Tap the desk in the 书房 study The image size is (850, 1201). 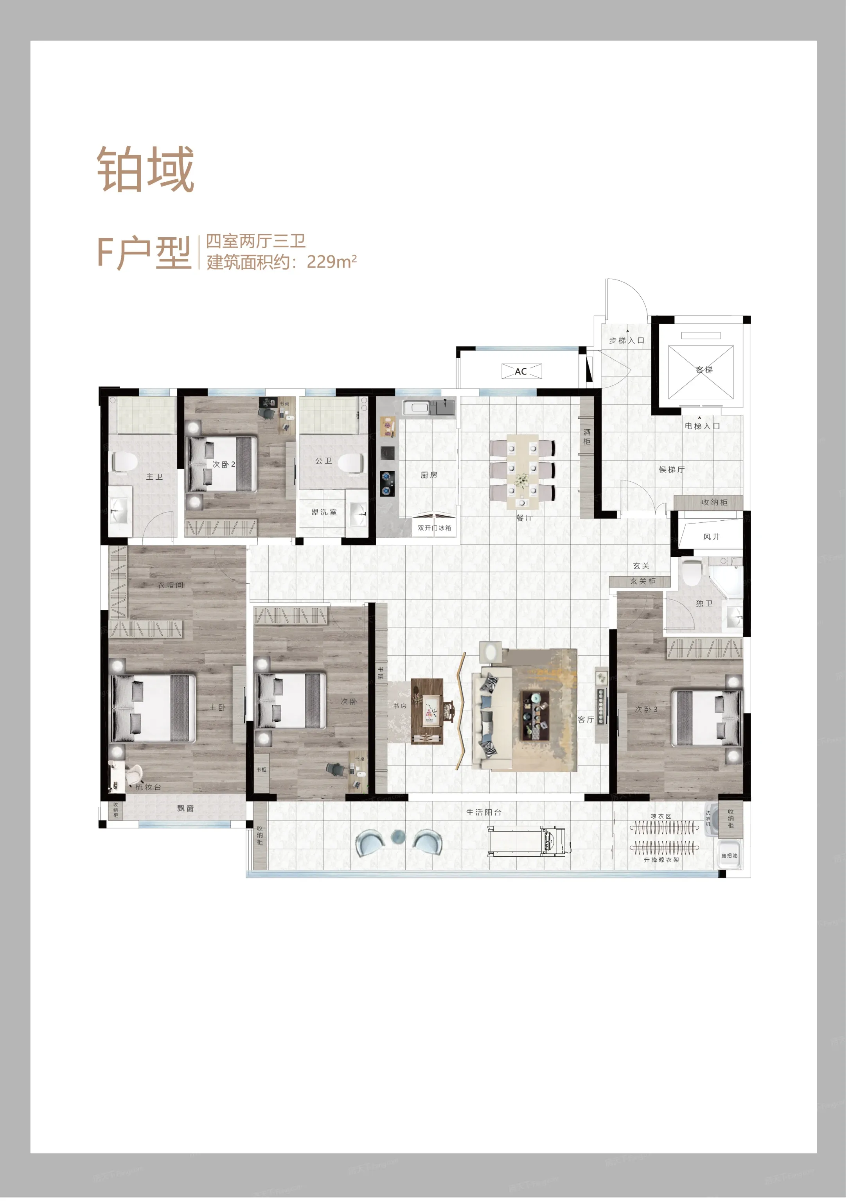pyautogui.click(x=429, y=710)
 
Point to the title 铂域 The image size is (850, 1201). pyautogui.click(x=146, y=170)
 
